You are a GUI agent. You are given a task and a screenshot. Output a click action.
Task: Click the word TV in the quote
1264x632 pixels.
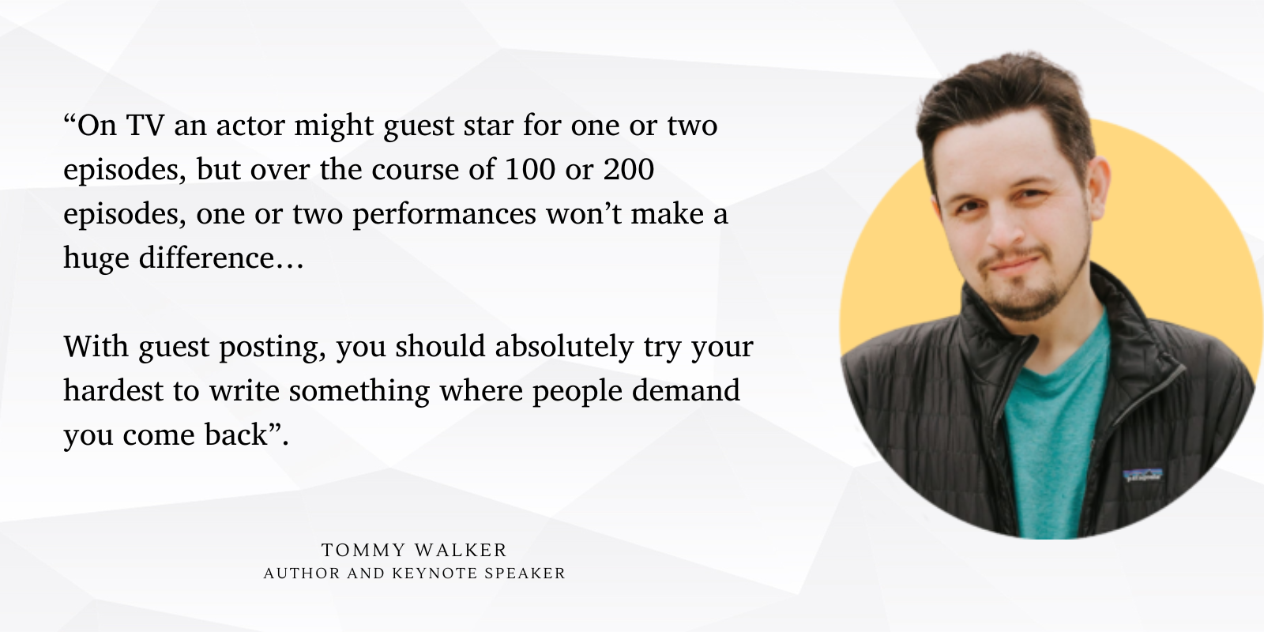pos(145,126)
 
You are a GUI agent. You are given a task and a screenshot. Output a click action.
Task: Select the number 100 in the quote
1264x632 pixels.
pos(530,169)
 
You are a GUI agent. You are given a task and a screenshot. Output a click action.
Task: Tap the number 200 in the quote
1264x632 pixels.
pos(629,169)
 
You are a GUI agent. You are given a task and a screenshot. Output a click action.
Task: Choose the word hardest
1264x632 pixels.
pos(114,390)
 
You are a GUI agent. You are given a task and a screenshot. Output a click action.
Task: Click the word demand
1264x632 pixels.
pos(686,390)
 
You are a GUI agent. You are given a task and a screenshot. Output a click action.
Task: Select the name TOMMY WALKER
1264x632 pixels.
pos(414,550)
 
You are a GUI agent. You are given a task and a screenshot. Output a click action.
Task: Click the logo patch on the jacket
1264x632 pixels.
pos(1142,475)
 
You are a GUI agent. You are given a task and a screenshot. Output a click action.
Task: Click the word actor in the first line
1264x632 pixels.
pos(250,126)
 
